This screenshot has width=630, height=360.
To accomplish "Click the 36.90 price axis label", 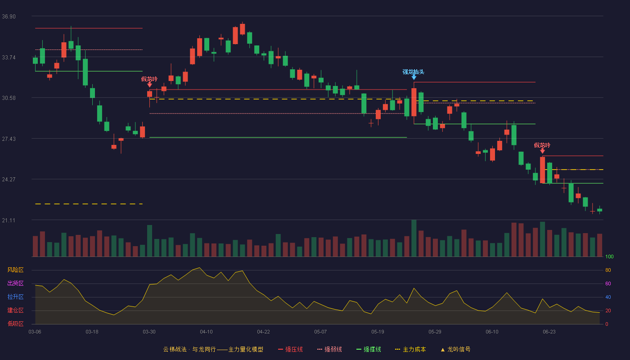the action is pos(9,17).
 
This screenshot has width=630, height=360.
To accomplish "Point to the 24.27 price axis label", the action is pos(9,180).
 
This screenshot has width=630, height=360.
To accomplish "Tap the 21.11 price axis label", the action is pos(9,220).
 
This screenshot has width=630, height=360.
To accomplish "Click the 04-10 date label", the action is pos(206,332).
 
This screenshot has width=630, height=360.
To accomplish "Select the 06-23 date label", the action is pos(549,332).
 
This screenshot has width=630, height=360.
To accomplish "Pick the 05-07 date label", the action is pos(320,332).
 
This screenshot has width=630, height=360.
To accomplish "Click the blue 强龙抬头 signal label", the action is pos(413,72).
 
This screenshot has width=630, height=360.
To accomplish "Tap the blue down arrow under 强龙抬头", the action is pos(414,77).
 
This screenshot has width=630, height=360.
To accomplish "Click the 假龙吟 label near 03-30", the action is pos(149,79).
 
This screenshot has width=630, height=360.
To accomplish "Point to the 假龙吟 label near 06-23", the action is pos(542,145).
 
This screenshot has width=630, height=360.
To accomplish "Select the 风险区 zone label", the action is pos(15,270).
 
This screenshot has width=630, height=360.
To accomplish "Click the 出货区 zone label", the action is pos(15,283).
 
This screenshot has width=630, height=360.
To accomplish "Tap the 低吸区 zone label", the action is pos(15,324).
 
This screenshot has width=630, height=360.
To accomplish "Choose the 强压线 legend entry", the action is pos(290,349).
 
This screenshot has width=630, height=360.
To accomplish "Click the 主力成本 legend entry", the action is pos(410,349).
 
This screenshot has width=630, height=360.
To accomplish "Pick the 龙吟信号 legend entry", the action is pos(455,349).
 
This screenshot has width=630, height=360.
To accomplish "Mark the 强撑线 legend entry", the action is pos(369,349).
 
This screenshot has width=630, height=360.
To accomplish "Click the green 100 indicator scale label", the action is pos(609,256).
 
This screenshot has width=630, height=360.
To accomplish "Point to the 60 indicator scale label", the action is pos(608,283).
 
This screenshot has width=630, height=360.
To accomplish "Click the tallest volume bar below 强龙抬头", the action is pos(414,238).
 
